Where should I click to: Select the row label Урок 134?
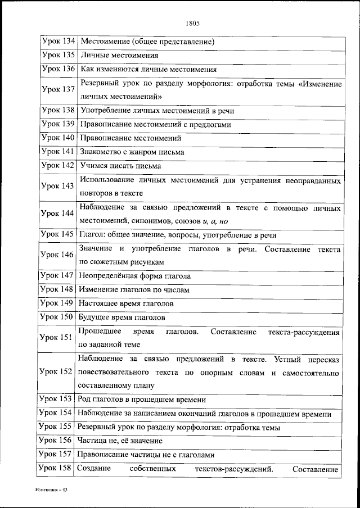pyautogui.click(x=58, y=41)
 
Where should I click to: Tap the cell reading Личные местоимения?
pyautogui.click(x=119, y=56)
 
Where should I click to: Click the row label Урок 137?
pyautogui.click(x=58, y=90)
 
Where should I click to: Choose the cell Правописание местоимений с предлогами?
pyautogui.click(x=155, y=124)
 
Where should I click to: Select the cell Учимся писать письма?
pyautogui.click(x=120, y=166)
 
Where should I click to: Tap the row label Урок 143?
pyautogui.click(x=58, y=187)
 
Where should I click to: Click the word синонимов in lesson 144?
pyautogui.click(x=159, y=221)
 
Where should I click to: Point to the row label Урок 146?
pyautogui.click(x=58, y=255)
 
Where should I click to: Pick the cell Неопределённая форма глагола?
pyautogui.click(x=135, y=276)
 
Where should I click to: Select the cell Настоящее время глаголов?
pyautogui.click(x=126, y=303)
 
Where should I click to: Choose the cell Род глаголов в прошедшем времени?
pyautogui.click(x=143, y=400)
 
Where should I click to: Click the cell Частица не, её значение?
pyautogui.click(x=121, y=441)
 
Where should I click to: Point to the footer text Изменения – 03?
pyautogui.click(x=51, y=490)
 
